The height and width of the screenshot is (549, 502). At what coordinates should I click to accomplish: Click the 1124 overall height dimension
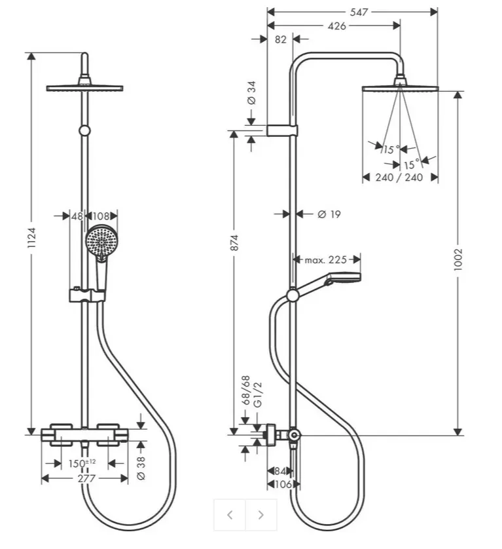tap(32, 238)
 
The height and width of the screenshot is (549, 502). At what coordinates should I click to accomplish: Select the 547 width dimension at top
tap(359, 12)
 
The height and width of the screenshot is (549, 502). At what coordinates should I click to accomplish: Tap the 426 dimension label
tap(336, 26)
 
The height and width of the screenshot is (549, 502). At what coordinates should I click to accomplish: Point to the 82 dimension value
tap(281, 39)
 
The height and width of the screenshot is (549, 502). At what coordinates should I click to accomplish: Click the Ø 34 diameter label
tap(251, 93)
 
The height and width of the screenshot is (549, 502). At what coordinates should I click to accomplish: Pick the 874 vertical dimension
tap(234, 242)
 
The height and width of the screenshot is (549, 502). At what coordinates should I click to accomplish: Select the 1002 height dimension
tap(458, 259)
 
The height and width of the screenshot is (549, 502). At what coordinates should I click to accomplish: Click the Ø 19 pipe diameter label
tap(329, 214)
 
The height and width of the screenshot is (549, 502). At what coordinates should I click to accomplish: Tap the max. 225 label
tap(326, 260)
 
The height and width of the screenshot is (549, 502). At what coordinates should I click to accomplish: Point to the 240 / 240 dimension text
tap(399, 177)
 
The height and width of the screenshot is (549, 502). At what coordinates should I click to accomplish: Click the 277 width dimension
tap(86, 478)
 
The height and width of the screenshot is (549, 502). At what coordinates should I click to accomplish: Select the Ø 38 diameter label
tap(140, 468)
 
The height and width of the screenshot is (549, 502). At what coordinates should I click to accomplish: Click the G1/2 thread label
tap(257, 394)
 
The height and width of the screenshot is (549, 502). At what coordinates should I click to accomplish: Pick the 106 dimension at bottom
tap(283, 485)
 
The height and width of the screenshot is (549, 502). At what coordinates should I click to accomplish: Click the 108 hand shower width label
tap(101, 216)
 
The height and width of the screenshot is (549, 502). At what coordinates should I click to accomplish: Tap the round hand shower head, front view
tap(102, 242)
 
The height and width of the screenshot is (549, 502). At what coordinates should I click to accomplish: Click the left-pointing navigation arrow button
tap(230, 515)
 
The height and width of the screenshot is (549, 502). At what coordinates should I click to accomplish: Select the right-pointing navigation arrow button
tap(261, 515)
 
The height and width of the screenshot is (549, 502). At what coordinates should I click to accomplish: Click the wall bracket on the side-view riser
tap(282, 130)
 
